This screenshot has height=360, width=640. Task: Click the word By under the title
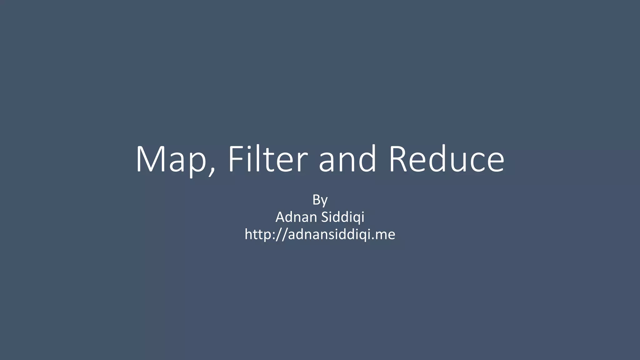coord(320,200)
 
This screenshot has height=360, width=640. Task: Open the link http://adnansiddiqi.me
coord(320,234)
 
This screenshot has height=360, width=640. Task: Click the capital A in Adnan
coord(281,217)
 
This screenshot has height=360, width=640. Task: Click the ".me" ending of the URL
coord(385,234)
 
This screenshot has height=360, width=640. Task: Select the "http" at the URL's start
coord(257,234)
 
